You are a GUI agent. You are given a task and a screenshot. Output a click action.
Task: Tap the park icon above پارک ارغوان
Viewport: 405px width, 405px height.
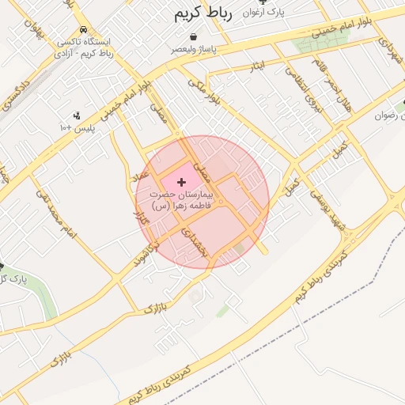point(274,2)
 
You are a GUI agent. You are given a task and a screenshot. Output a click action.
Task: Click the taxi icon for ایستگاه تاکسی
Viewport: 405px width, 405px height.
point(84,29)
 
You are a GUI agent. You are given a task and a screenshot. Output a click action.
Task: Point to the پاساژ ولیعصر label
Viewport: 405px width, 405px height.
point(195,48)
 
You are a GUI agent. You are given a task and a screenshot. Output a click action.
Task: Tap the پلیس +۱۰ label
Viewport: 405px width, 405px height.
point(77,127)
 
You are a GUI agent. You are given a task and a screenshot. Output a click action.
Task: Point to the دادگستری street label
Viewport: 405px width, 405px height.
point(17,93)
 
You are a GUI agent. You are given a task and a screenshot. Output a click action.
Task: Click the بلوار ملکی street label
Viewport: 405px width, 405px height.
point(204,93)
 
